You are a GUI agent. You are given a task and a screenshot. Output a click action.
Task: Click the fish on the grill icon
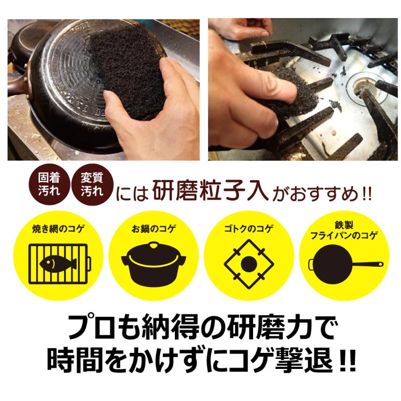pos(58,263)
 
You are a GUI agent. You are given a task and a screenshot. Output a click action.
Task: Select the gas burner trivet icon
pos(249,264)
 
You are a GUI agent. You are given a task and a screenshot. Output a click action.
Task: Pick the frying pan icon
pos(346,264)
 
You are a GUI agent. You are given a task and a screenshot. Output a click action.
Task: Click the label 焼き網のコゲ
pos(58,229)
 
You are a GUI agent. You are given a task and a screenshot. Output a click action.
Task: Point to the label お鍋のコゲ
pos(154,229)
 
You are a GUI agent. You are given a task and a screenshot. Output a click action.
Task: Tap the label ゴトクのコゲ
pos(249,229)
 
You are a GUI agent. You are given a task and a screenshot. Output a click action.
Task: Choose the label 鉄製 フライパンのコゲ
pos(344,230)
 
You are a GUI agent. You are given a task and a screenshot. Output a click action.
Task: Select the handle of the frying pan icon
pos(368,264)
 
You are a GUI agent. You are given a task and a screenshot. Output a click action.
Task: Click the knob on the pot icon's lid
pos(153,245)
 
